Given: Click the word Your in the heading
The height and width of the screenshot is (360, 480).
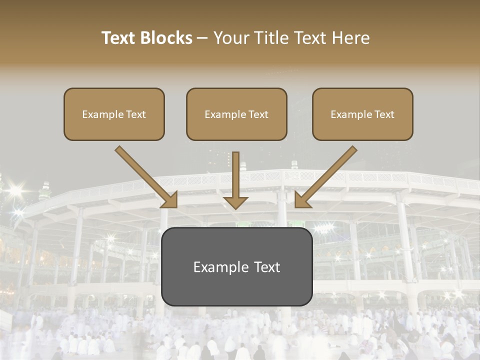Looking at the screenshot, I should pos(230,38).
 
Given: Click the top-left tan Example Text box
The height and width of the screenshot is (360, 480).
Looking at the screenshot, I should pos(114,114).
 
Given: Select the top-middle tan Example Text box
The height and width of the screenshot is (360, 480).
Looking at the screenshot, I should pos(236,114).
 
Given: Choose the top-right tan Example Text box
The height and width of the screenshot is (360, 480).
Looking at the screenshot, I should pos(362,114).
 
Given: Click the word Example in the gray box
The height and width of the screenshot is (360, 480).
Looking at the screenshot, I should pos(218,267).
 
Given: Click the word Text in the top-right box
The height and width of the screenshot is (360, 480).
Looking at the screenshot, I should pos(383,114).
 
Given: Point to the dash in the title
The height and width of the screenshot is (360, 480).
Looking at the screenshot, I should pos(202,38).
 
